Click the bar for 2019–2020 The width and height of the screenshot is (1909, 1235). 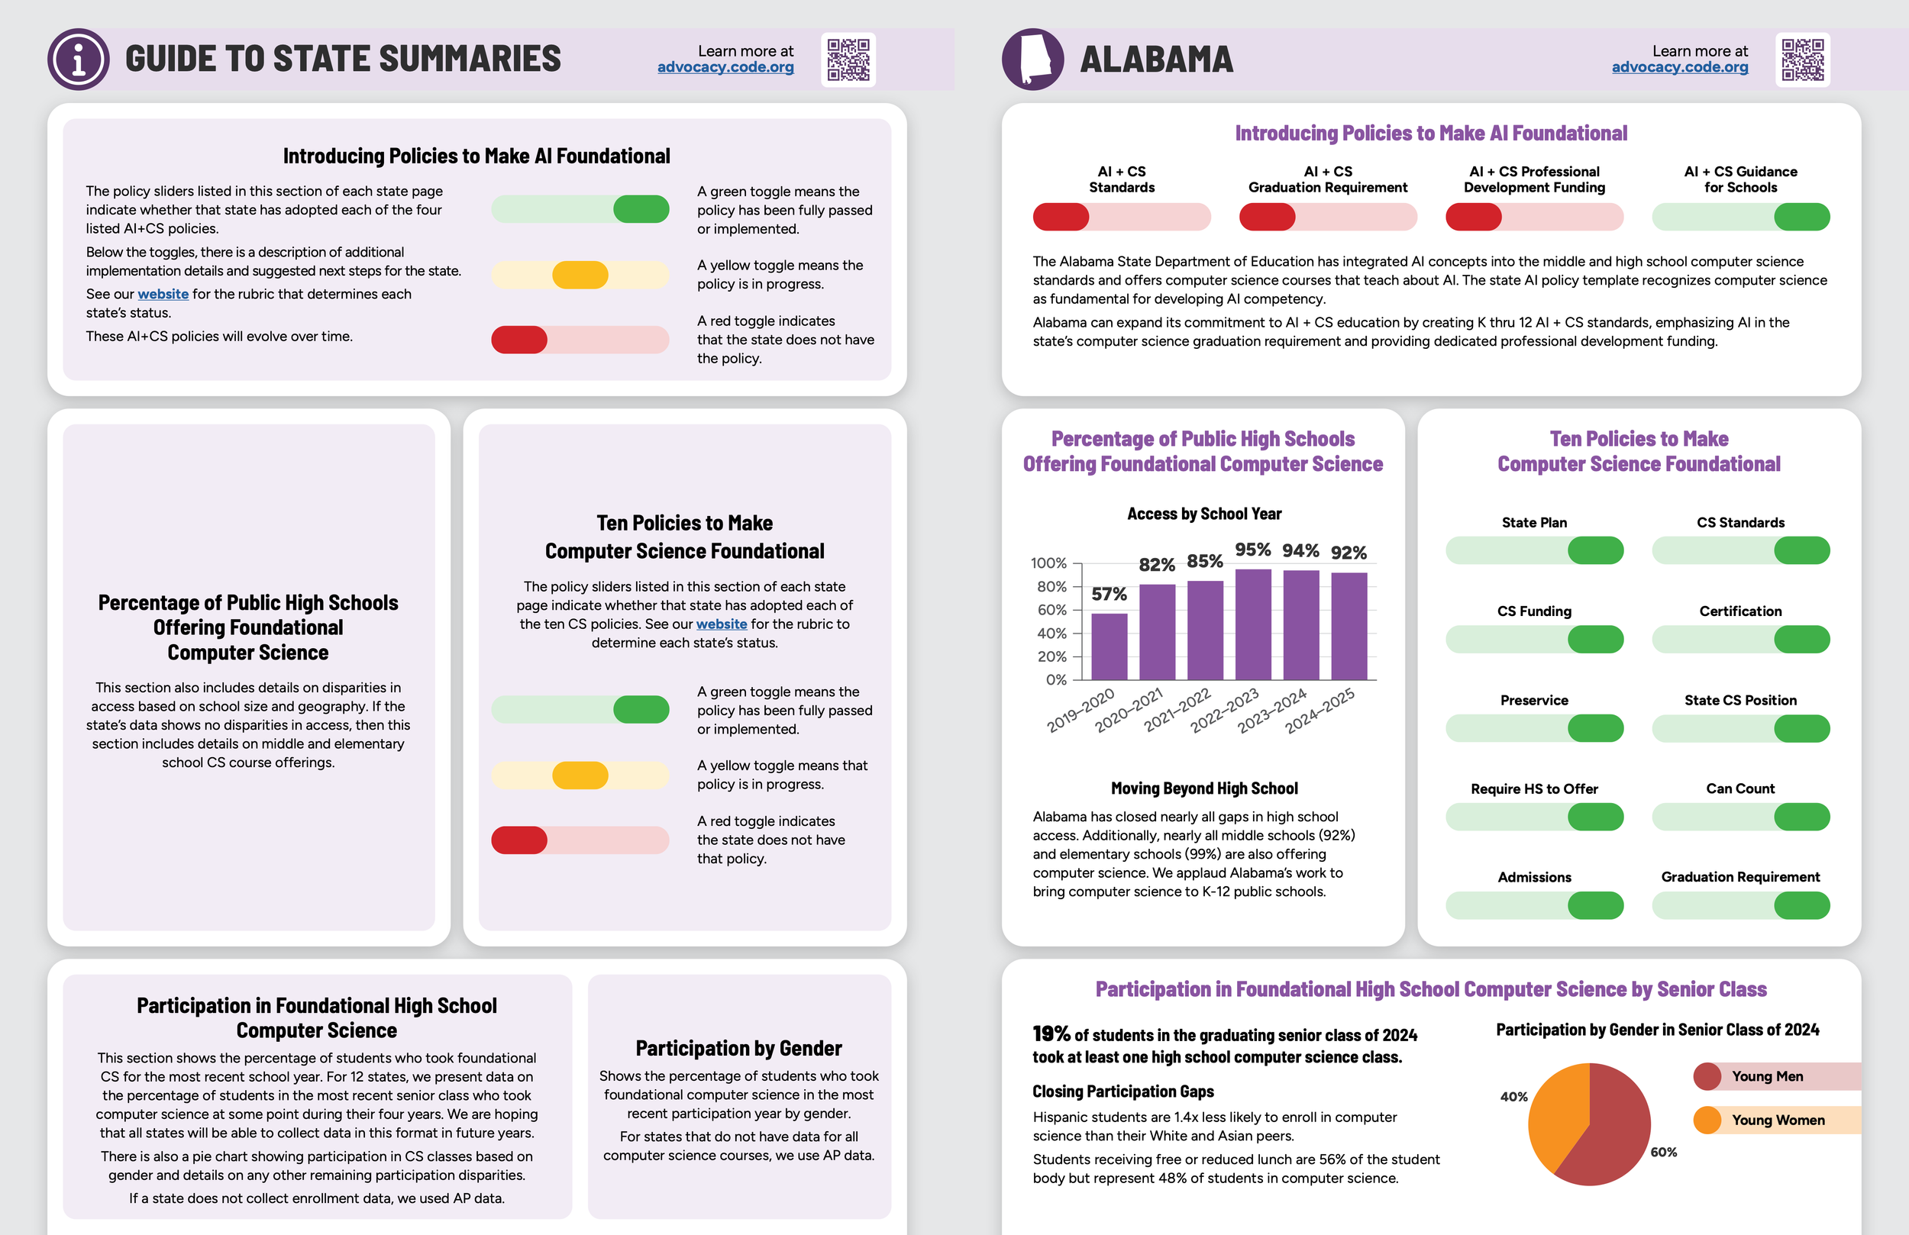click(1109, 647)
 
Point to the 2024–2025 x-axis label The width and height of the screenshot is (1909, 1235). click(1320, 710)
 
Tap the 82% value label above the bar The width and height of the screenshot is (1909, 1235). click(1157, 565)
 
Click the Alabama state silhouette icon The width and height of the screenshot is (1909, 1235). click(1033, 60)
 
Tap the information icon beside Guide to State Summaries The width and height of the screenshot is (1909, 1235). click(79, 60)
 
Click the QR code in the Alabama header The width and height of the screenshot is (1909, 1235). click(1802, 60)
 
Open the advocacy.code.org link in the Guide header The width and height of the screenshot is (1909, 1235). click(725, 67)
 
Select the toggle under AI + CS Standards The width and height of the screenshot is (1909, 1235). click(1121, 217)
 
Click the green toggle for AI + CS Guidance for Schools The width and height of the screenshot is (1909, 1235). click(1740, 217)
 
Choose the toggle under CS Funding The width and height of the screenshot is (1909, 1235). click(1533, 639)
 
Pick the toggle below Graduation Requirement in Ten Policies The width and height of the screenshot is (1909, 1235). click(1740, 905)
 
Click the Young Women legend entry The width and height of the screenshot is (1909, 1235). click(1777, 1121)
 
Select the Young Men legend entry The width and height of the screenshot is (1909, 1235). click(1766, 1076)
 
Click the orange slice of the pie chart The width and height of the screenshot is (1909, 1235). click(1556, 1114)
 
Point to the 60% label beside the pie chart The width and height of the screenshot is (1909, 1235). click(1664, 1153)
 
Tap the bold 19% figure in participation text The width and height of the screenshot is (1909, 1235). click(1051, 1034)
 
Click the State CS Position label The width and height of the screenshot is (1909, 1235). click(1740, 700)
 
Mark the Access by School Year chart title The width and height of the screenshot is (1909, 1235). click(1204, 514)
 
